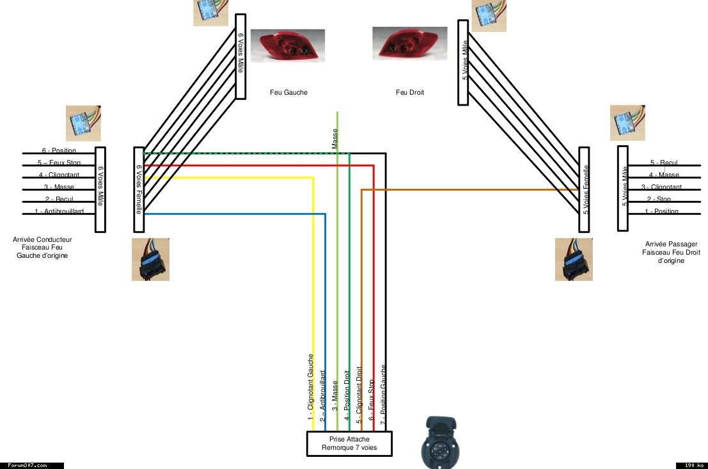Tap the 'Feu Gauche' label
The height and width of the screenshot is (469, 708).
pos(288,92)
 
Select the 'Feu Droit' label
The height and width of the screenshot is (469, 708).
pos(409,92)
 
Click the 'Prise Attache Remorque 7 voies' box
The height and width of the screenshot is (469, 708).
pos(349,443)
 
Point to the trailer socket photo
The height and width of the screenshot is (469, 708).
pos(441,441)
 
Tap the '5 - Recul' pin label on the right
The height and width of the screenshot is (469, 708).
pos(664,163)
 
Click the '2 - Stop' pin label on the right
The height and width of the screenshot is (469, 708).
pos(664,200)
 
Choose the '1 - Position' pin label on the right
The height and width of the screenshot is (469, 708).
pos(662,212)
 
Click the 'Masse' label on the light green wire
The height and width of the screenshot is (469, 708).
pos(334,138)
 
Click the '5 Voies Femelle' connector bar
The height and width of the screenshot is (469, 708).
pos(584,189)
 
